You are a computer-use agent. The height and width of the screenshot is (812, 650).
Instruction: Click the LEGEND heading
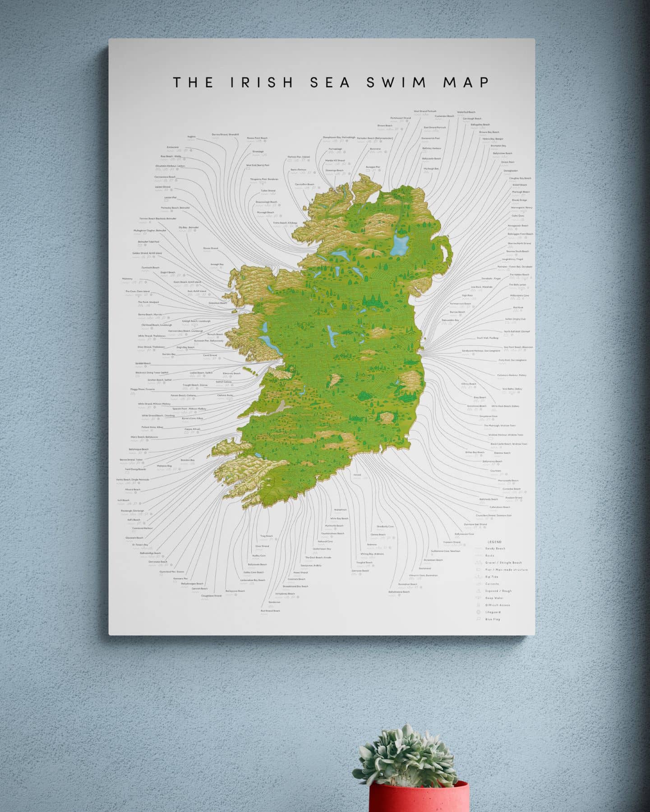[x=494, y=542]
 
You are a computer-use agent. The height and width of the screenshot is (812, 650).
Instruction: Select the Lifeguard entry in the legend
[x=493, y=612]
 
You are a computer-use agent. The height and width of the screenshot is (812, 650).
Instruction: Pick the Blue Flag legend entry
[x=493, y=619]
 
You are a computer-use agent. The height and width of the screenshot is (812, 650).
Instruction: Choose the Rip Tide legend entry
[x=491, y=577]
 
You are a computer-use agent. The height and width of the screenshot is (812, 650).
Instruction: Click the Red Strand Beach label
[x=270, y=611]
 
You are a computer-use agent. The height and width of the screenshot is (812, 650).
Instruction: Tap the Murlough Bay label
[x=431, y=168]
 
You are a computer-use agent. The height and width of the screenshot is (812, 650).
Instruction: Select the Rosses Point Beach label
[x=257, y=138]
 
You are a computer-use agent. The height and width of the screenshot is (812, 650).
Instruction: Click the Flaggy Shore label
[x=143, y=389]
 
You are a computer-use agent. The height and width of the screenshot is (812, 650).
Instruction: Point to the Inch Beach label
[x=123, y=500]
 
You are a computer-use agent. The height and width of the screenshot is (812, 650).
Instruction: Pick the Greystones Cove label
[x=488, y=416]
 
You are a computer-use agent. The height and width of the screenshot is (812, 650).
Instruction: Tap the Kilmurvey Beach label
[x=231, y=374]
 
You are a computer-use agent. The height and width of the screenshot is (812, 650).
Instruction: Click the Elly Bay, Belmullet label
[x=189, y=227]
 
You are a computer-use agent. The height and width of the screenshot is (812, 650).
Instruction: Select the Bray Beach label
[x=479, y=397]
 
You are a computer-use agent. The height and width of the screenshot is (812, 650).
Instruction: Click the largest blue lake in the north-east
[x=399, y=245]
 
